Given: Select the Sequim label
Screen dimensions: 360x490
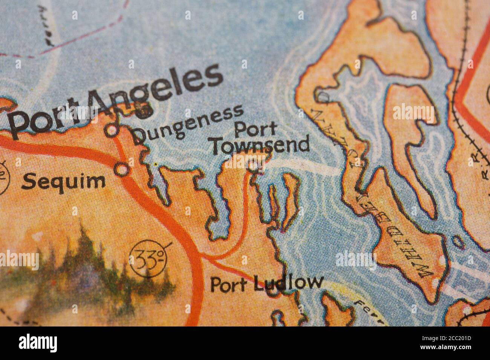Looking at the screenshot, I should click(x=63, y=182).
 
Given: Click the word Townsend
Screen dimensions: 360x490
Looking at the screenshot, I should click(x=260, y=146).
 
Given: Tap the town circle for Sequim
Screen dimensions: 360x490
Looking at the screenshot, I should click(x=122, y=169).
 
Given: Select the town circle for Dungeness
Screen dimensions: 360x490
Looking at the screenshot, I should click(x=112, y=130).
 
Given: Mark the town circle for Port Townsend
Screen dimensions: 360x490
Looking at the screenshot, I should click(x=255, y=165).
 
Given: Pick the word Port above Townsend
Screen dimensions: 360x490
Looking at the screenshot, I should click(x=255, y=130).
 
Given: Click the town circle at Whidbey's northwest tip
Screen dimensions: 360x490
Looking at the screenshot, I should click(x=323, y=96).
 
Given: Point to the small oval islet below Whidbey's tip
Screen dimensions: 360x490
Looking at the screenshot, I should click(x=457, y=241).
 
